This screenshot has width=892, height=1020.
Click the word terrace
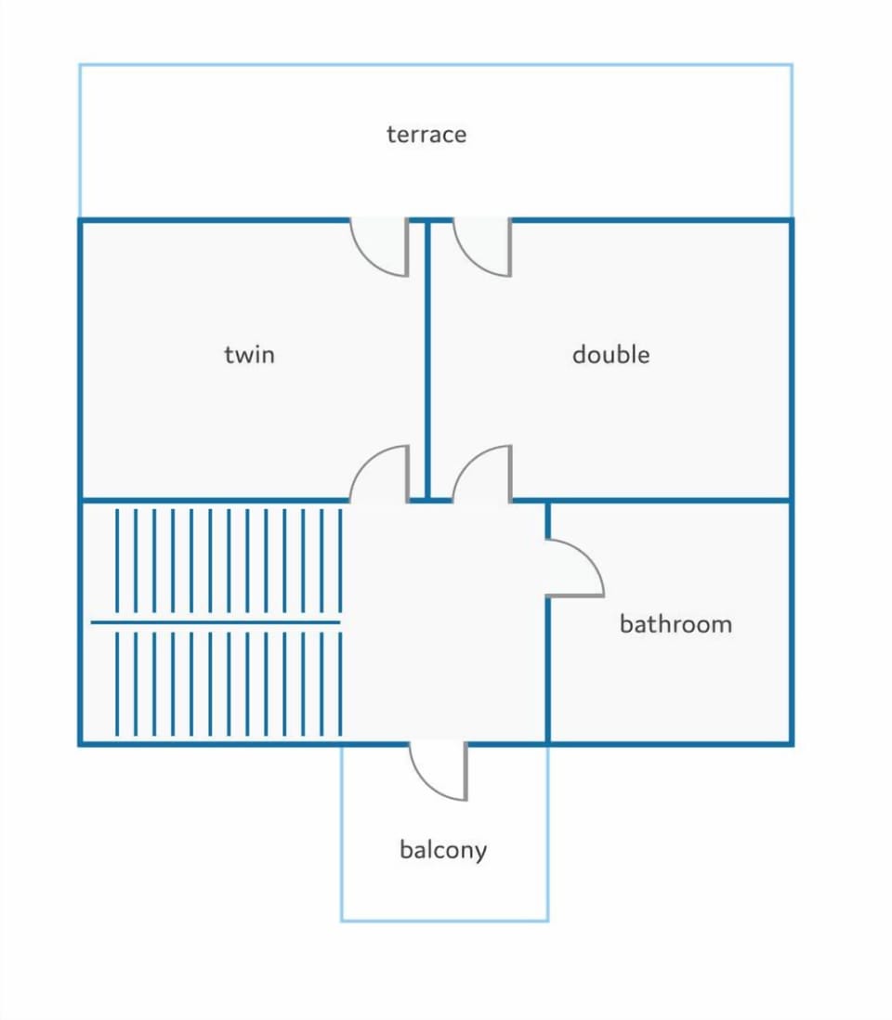pos(426,135)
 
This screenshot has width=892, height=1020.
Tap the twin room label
pos(249,355)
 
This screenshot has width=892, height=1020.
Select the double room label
pos(611,355)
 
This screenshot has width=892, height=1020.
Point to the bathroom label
pos(676,624)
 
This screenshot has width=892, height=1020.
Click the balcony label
pos(443,850)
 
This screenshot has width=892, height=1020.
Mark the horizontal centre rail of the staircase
pos(216,622)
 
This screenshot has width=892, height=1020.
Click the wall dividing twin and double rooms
pos(427,360)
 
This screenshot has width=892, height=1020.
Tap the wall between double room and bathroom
pos(669,500)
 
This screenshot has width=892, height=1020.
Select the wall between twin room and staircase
pos(215,500)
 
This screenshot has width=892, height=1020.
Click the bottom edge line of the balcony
pos(444,921)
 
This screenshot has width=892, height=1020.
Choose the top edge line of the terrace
pos(436,64)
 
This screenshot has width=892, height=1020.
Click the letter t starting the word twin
pos(229,355)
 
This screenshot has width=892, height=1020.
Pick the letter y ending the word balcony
pos(480,854)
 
